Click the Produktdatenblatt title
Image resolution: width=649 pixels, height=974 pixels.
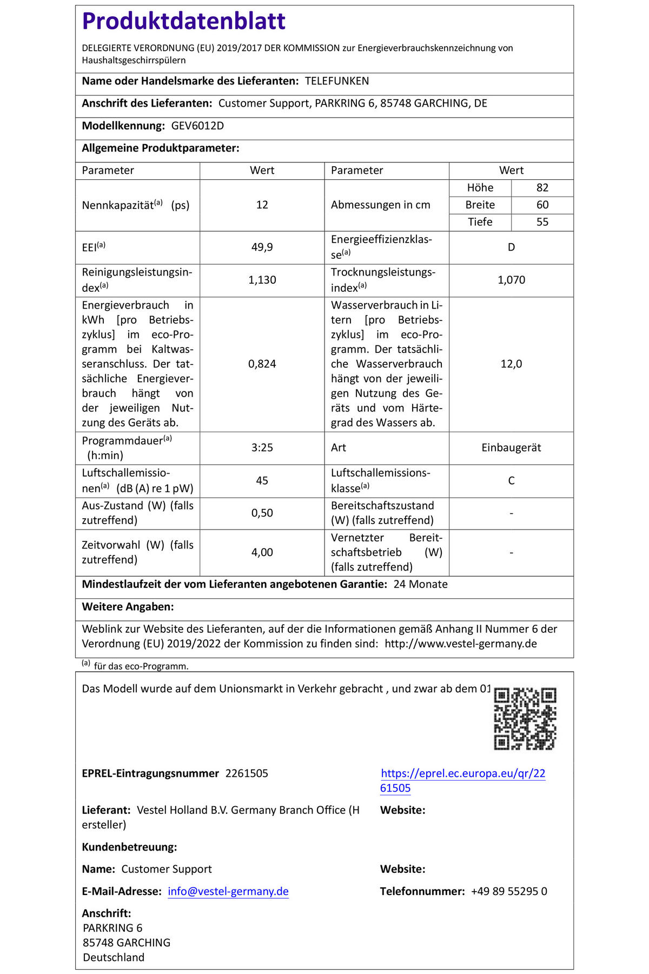[x=183, y=22]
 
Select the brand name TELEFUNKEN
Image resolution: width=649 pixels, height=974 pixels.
[x=337, y=81]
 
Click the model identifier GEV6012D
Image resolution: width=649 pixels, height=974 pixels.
[x=197, y=126]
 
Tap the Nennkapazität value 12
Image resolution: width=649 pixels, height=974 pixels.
[x=262, y=205]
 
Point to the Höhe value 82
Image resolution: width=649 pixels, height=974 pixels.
[x=542, y=188]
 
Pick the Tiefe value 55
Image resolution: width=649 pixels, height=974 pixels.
[x=542, y=222]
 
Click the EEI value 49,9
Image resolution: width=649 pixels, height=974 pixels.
[x=262, y=247]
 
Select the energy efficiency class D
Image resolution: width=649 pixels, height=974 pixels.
[x=511, y=247]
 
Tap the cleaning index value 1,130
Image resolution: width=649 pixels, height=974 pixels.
[x=262, y=280]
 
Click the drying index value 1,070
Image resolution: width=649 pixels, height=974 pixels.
[x=511, y=280]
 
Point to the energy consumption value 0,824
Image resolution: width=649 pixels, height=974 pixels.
[x=262, y=364]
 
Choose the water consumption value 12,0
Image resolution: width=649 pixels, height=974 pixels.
[x=511, y=364]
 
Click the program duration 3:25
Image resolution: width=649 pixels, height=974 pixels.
[x=262, y=448]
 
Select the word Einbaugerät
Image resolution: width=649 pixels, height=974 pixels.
[x=511, y=448]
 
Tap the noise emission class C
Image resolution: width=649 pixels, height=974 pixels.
[x=511, y=481]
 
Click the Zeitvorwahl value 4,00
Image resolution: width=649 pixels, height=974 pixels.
[x=262, y=552]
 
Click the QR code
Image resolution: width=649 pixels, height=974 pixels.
[x=525, y=718]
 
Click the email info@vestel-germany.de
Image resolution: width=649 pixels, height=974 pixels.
[x=228, y=891]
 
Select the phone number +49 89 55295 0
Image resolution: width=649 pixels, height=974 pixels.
[x=509, y=891]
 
